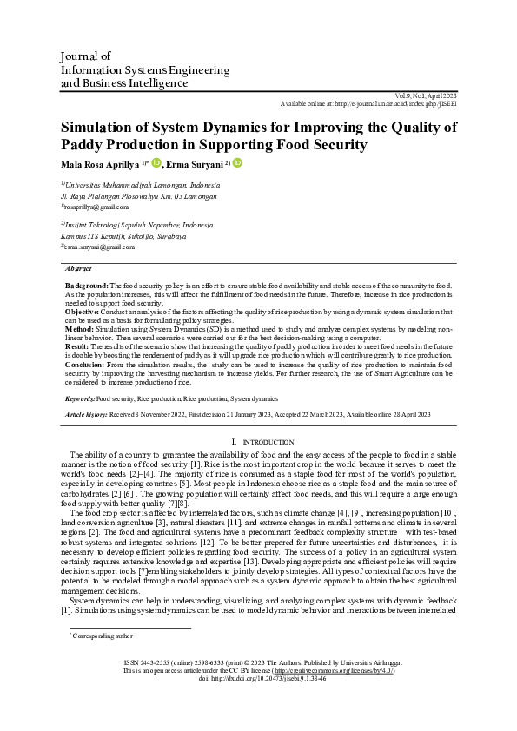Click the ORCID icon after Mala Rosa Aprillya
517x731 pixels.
tap(156, 163)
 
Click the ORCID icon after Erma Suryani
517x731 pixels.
tap(237, 163)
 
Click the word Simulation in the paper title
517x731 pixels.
tap(105, 128)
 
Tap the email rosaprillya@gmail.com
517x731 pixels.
tap(96, 207)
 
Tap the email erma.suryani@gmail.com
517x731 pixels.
tap(98, 247)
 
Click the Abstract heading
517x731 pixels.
tap(79, 269)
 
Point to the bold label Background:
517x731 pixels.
tap(87, 286)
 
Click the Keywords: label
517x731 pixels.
tap(80, 398)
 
